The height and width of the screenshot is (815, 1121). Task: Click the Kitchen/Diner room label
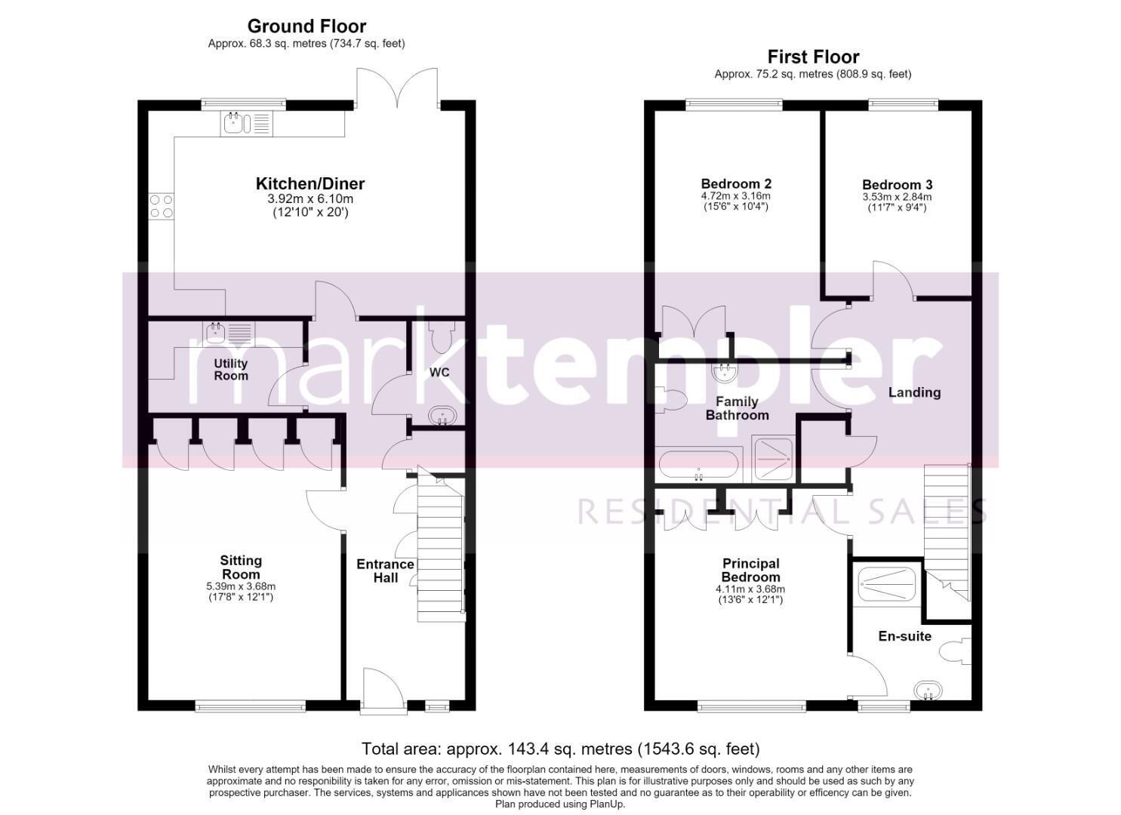click(310, 183)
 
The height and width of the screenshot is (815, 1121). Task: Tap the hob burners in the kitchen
click(161, 206)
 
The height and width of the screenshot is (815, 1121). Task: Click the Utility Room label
click(231, 370)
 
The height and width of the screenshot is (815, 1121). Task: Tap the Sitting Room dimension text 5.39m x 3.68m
click(241, 586)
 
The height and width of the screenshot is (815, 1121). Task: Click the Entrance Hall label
click(385, 570)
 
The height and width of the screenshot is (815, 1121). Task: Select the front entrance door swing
click(383, 687)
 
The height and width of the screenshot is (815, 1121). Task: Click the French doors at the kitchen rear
click(397, 88)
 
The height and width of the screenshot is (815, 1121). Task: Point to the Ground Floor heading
click(306, 26)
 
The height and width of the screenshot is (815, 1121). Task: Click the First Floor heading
click(813, 57)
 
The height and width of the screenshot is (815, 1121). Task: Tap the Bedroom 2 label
click(736, 183)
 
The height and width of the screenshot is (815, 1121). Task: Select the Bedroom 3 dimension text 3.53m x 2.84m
click(897, 197)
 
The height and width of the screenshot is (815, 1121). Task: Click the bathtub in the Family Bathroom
click(698, 466)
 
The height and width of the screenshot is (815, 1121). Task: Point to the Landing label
click(914, 392)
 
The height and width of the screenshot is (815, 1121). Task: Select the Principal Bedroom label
click(750, 570)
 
